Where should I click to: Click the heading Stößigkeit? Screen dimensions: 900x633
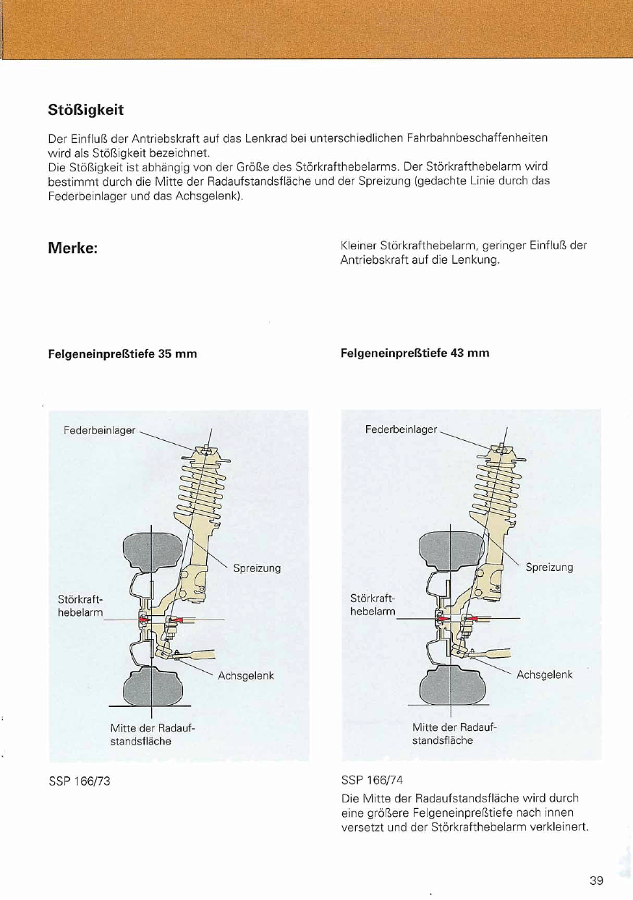(x=85, y=110)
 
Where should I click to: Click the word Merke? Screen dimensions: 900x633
(x=72, y=248)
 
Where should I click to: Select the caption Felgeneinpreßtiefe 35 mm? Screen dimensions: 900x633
(x=122, y=354)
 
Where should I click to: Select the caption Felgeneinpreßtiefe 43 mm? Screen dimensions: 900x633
(x=415, y=353)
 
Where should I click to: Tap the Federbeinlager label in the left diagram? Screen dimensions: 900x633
(x=99, y=430)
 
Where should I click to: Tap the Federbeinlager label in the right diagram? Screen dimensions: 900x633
(x=401, y=429)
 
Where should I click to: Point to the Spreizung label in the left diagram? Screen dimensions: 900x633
(x=257, y=568)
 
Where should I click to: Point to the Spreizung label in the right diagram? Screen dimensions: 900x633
(x=549, y=567)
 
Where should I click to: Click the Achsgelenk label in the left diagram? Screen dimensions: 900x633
(x=246, y=676)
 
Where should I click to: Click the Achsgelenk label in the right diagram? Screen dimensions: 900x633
(x=544, y=675)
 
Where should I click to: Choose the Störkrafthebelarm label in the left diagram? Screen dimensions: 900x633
(x=80, y=606)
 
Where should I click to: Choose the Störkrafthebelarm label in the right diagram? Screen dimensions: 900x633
(x=373, y=605)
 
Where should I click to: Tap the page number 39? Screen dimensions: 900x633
(x=596, y=880)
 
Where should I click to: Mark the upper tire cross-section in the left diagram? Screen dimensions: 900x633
(x=150, y=551)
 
